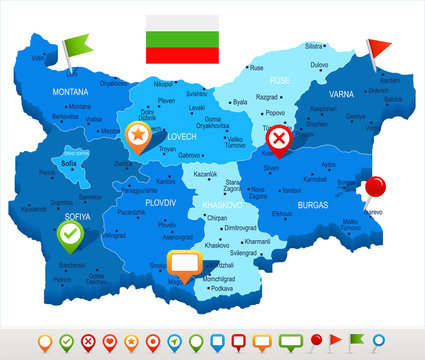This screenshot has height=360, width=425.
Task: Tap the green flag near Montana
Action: pyautogui.click(x=75, y=45)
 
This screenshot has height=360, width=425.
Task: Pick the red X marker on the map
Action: pyautogui.click(x=282, y=138)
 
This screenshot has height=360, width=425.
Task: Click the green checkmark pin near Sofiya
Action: pyautogui.click(x=69, y=236)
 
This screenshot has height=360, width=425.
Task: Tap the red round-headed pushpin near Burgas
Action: pyautogui.click(x=376, y=187)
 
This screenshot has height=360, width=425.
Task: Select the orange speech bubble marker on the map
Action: pyautogui.click(x=184, y=263)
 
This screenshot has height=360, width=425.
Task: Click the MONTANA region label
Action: pyautogui.click(x=71, y=91)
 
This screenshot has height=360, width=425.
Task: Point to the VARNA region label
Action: pyautogui.click(x=341, y=95)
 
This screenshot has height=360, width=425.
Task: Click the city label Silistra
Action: pyautogui.click(x=314, y=46)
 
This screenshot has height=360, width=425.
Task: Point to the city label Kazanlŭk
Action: pyautogui.click(x=206, y=174)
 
